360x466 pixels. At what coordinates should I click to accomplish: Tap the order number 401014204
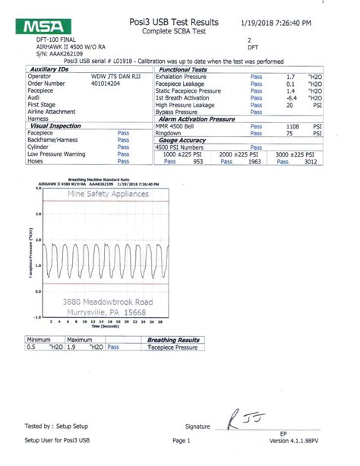[x=103, y=82]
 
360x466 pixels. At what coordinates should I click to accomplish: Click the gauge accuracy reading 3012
[x=324, y=161]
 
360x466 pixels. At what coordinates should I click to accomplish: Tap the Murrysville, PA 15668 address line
[x=103, y=312]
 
